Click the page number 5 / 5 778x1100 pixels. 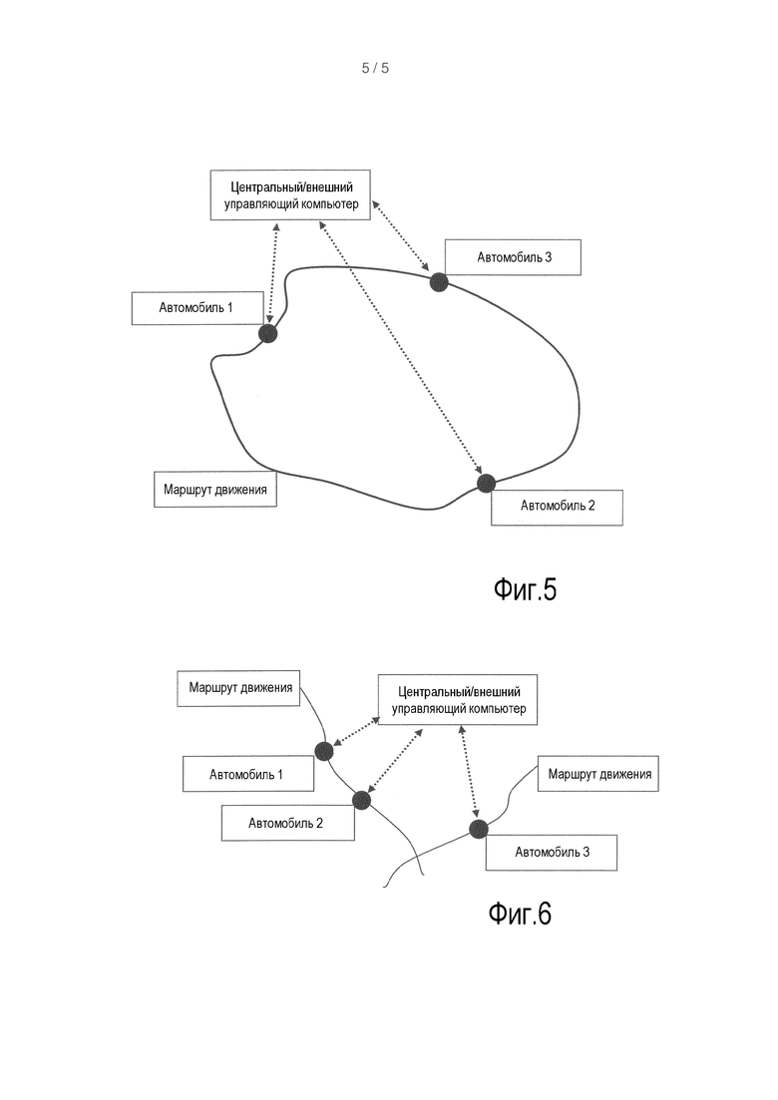pyautogui.click(x=375, y=68)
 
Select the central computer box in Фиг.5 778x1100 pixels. pyautogui.click(x=290, y=195)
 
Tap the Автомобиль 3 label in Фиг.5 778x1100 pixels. pyautogui.click(x=514, y=257)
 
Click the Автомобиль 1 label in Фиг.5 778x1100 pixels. pyautogui.click(x=197, y=308)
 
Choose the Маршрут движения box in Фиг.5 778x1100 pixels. pyautogui.click(x=215, y=489)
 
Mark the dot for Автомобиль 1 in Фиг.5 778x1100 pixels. pyautogui.click(x=268, y=333)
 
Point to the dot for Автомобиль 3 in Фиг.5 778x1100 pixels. pyautogui.click(x=439, y=282)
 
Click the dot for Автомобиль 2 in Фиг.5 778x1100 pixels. pyautogui.click(x=486, y=483)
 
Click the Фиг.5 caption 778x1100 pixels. pyautogui.click(x=525, y=589)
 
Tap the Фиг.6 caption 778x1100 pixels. pyautogui.click(x=520, y=914)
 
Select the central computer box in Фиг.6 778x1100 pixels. pyautogui.click(x=458, y=699)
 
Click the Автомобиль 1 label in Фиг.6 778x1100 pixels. pyautogui.click(x=248, y=774)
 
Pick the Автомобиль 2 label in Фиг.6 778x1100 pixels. pyautogui.click(x=287, y=823)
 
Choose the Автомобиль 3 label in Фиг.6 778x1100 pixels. pyautogui.click(x=552, y=853)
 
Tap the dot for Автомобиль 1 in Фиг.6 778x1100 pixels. pyautogui.click(x=323, y=751)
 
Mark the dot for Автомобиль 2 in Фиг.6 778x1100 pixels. pyautogui.click(x=361, y=800)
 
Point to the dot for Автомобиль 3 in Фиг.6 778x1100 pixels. pyautogui.click(x=479, y=829)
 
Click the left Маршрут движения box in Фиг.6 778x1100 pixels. pyautogui.click(x=238, y=687)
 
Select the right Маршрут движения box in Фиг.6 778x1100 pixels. pyautogui.click(x=598, y=774)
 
